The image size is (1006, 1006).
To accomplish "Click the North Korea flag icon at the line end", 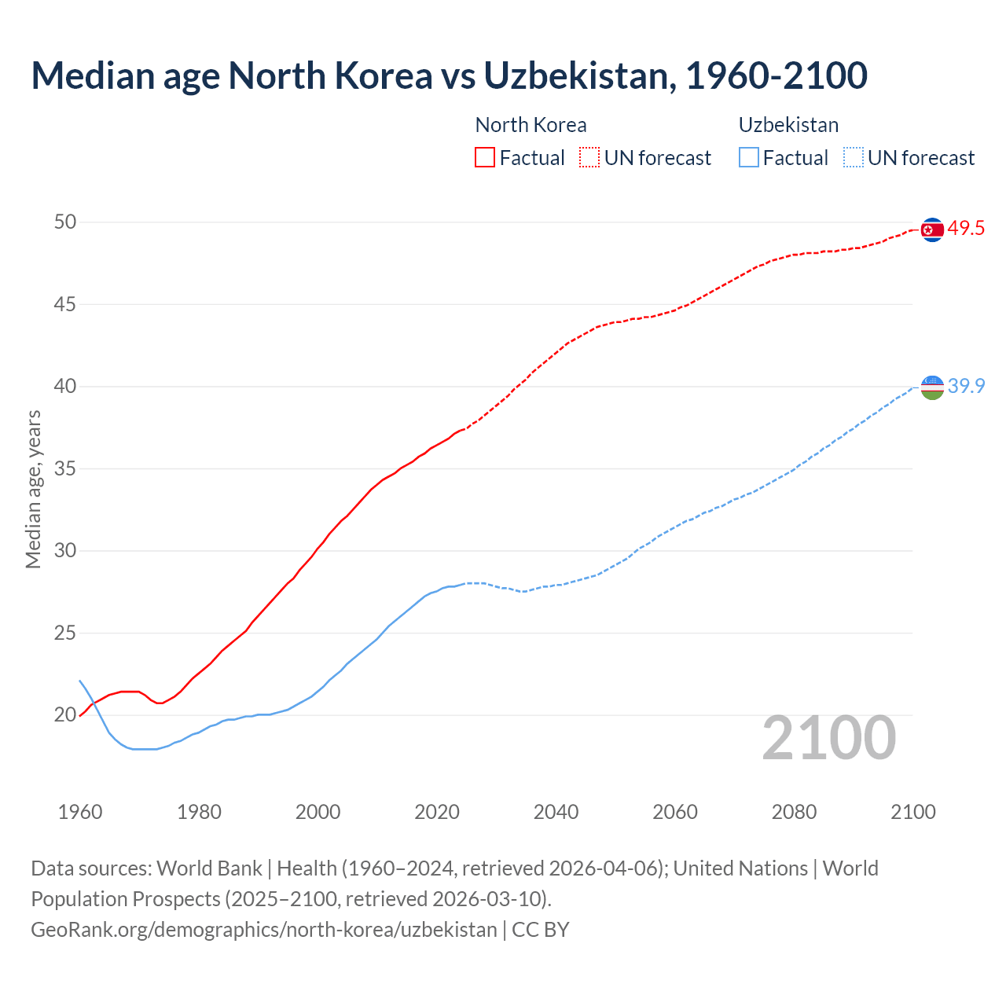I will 932,229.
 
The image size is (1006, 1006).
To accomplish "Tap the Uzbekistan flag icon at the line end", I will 932,387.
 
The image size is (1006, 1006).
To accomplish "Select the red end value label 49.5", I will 966,229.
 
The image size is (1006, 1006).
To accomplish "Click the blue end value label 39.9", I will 966,386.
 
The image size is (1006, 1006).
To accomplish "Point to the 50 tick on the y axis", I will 65,222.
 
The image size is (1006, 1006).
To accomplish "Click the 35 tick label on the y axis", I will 65,469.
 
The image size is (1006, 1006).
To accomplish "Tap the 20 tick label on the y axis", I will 65,715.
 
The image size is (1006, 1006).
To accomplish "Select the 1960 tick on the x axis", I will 80,812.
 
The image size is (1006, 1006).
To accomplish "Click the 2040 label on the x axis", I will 556,812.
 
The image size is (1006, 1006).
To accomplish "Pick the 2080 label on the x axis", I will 794,812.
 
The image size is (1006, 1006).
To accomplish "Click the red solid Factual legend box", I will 485,157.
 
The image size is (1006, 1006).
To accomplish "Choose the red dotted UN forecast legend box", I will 589,157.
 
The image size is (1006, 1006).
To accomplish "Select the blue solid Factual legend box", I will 749,157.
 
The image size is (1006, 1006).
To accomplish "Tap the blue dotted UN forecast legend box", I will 853,157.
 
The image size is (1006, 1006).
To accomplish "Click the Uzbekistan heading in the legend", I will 788,125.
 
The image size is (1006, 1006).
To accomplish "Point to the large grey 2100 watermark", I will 828,737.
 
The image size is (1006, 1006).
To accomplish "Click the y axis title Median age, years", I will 33,489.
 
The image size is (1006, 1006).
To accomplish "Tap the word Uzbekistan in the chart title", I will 578,75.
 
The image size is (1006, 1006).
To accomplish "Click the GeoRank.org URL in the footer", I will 264,930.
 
